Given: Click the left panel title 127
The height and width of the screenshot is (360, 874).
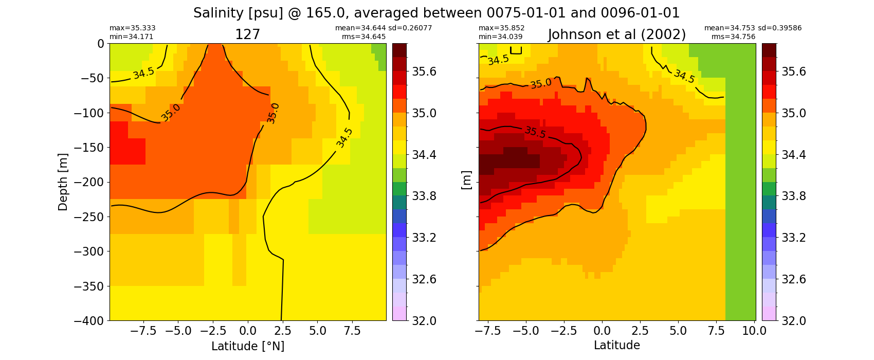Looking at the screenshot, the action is [247, 35].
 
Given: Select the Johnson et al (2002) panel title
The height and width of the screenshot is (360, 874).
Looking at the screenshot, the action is [617, 35].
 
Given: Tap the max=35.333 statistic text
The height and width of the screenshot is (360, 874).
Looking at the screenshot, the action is [132, 28].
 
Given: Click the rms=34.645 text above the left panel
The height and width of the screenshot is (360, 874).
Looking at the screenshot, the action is [363, 37].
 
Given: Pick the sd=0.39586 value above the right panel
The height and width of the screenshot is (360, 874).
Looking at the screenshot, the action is [779, 28].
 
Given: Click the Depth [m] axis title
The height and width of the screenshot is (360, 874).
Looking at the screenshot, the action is [63, 182].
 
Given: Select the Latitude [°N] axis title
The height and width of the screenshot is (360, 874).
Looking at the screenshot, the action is [248, 346].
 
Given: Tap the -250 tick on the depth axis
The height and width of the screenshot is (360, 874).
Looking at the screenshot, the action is [89, 217].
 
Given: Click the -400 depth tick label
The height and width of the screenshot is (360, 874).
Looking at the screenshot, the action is [89, 320].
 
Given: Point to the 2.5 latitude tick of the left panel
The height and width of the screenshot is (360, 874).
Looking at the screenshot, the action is [283, 331].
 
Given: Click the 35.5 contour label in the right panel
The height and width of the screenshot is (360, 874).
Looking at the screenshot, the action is [535, 132].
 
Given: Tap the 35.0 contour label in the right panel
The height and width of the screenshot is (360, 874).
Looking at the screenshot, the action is [541, 83].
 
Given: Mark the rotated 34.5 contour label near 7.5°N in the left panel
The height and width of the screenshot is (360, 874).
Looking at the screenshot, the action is [344, 138].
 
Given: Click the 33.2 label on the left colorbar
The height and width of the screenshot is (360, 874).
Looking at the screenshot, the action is [423, 238].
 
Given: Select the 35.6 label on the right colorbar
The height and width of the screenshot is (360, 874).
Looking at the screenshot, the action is [793, 72].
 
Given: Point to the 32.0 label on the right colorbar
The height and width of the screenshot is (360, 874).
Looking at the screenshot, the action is [793, 320].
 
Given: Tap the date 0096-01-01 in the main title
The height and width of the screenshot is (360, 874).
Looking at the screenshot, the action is [640, 13].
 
